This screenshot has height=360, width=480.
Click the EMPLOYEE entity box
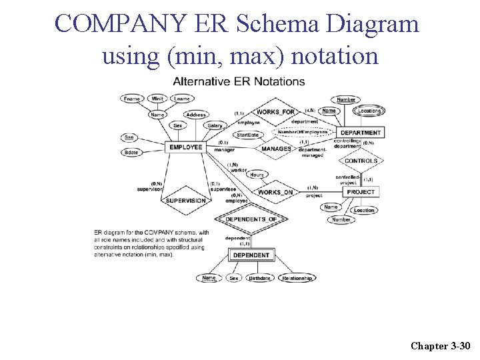coord(185,147)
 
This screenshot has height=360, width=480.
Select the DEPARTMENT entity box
coord(361,133)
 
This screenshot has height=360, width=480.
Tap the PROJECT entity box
coord(361,192)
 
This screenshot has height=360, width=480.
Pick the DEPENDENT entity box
coord(251,255)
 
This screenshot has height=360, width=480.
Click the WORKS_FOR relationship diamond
coord(275,112)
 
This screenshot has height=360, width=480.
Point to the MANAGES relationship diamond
coord(276,149)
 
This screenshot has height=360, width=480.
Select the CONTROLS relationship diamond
coord(361,161)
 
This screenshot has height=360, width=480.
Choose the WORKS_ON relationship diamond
coord(275,192)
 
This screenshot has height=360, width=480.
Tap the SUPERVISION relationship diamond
coord(185,201)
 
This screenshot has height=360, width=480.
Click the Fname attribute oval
coord(133,99)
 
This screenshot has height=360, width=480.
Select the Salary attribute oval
coord(215,125)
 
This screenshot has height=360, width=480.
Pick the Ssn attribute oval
coord(129,137)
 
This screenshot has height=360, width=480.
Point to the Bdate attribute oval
coord(131,153)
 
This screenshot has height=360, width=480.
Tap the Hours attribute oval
coord(257,175)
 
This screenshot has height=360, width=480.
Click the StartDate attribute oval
coord(247,135)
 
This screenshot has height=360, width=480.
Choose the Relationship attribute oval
coord(297,278)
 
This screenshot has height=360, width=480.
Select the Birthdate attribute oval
coord(259,278)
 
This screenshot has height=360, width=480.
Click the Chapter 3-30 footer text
coord(441,345)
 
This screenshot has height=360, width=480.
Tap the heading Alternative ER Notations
coord(239,82)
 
